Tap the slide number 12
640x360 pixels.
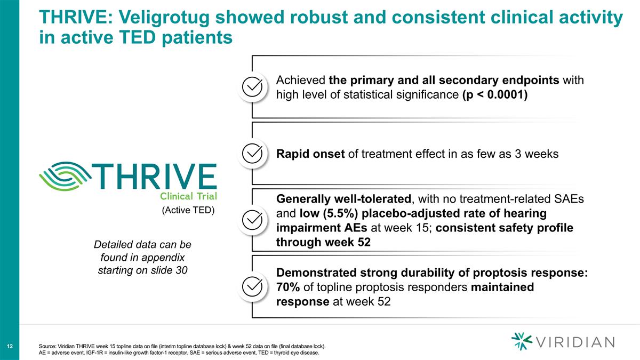tap(10, 347)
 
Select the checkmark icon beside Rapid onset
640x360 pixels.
tap(252, 154)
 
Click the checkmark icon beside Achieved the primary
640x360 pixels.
tap(252, 87)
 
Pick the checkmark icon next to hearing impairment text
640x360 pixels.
tap(252, 220)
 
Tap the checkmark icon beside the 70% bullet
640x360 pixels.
tap(252, 287)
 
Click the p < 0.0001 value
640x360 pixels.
tap(495, 95)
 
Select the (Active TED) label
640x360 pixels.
tap(188, 210)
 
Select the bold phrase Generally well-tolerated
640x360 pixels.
tap(344, 199)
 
